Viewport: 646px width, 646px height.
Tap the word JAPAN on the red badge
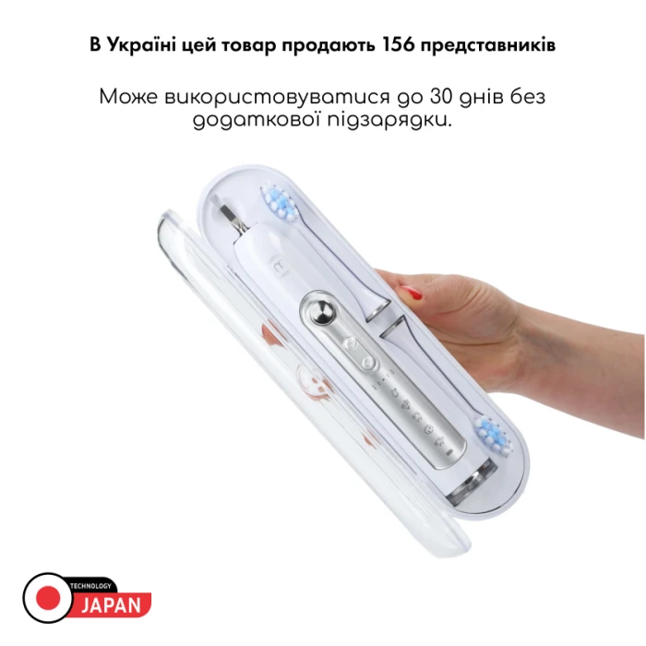pos(112,604)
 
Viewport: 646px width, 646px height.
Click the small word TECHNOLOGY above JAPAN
pos(92,586)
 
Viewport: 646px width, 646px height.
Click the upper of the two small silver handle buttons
pos(351,342)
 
